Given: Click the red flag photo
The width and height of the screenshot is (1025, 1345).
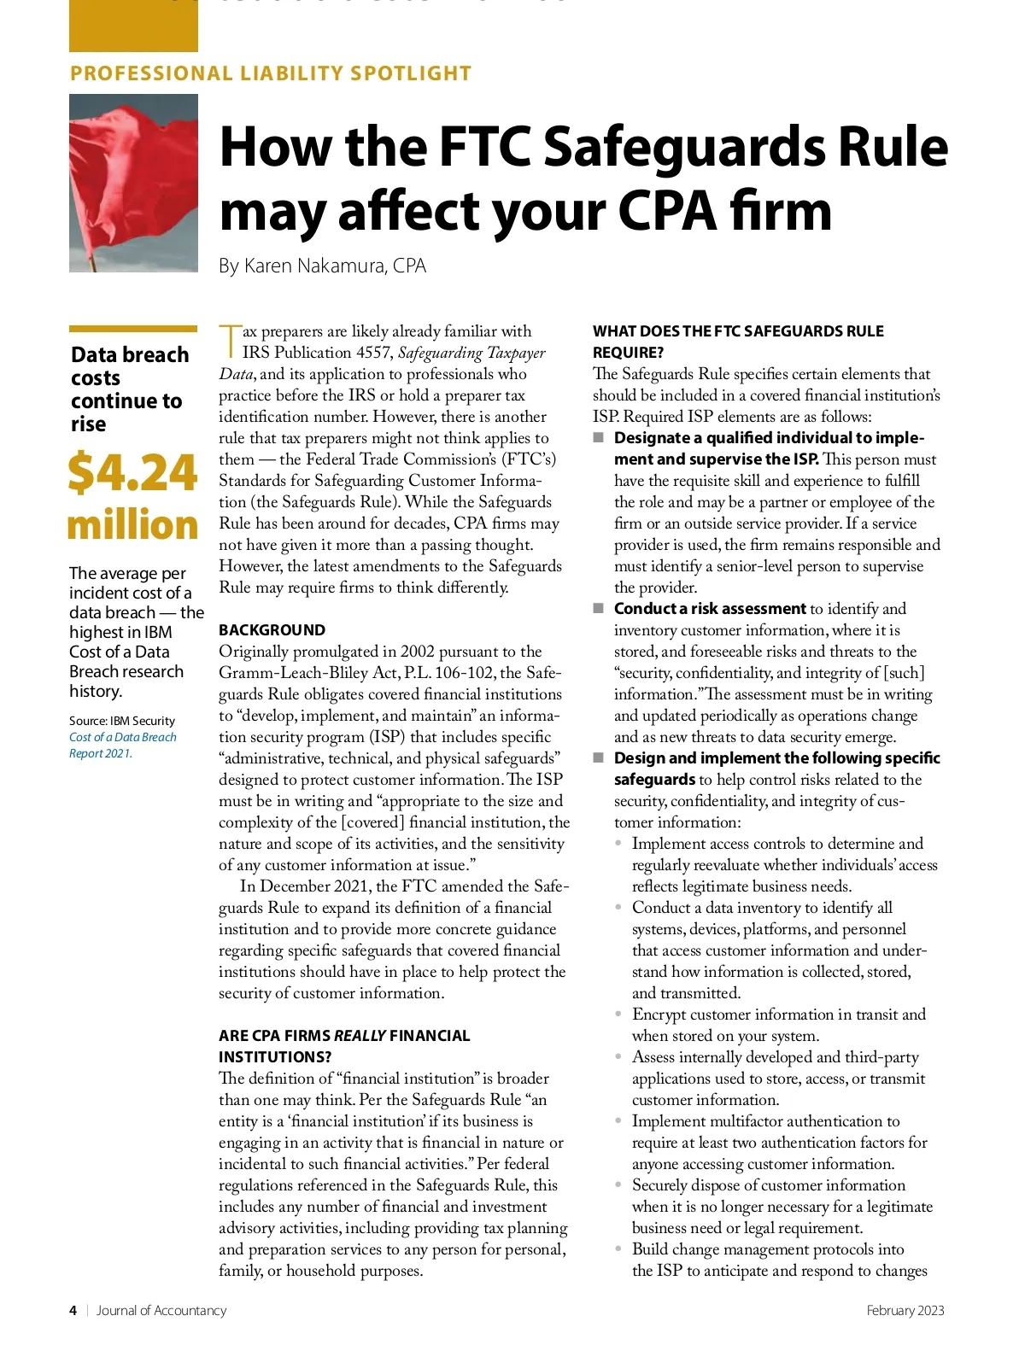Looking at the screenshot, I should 133,183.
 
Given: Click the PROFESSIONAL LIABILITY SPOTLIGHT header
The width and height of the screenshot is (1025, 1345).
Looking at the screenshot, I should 271,73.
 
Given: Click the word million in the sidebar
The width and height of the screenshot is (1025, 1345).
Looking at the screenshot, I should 132,524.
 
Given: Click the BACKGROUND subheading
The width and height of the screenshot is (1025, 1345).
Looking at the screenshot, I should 272,630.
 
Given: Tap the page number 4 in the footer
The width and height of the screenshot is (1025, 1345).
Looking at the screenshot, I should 73,1310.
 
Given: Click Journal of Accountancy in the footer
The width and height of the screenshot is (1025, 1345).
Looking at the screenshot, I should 161,1310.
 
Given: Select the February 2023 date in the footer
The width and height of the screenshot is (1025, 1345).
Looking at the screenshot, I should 905,1310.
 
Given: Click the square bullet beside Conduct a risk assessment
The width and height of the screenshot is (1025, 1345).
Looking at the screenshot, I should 598,609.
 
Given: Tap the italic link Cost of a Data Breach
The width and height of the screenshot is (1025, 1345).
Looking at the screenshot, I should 123,737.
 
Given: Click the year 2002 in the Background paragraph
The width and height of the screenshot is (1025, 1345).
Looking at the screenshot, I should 417,652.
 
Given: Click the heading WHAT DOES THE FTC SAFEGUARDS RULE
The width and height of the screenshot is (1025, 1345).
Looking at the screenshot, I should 738,331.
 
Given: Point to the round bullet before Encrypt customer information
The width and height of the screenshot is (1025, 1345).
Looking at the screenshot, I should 618,1015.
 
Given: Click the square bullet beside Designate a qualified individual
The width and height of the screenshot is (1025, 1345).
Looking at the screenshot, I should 598,438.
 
